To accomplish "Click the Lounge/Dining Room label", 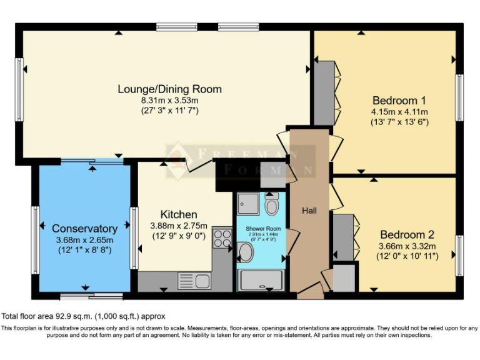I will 169,89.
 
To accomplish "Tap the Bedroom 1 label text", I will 399,101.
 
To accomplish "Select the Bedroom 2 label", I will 407,235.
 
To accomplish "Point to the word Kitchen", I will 179,214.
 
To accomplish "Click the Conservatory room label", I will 84,229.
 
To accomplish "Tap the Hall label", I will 309,211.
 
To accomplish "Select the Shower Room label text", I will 263,229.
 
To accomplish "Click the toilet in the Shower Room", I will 272,204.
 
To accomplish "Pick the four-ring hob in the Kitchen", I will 222,237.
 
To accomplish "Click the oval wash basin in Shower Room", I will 246,252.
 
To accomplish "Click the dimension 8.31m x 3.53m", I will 169,100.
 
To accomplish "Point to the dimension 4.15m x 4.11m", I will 399,112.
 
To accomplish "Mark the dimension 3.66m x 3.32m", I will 407,246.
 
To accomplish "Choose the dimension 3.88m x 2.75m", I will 179,226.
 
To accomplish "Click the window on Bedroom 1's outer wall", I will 459,97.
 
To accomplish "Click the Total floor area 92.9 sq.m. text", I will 83,316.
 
